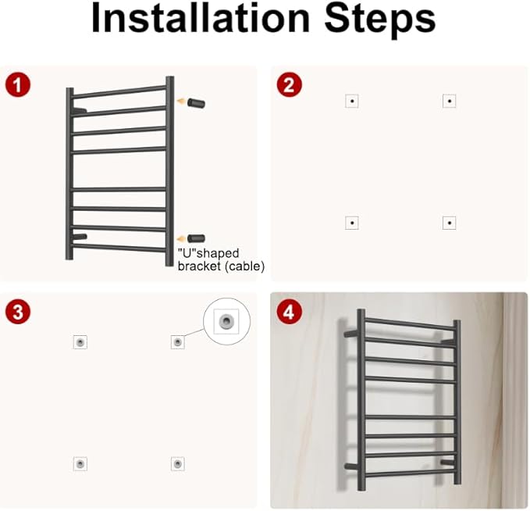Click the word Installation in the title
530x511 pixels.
click(201, 18)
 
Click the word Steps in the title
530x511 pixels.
click(380, 20)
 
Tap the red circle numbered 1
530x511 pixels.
click(18, 84)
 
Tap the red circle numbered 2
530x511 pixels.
click(289, 84)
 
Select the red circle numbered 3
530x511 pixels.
click(18, 311)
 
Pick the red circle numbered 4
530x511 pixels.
click(289, 311)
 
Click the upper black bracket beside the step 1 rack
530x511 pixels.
click(197, 103)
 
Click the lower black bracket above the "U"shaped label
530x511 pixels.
click(197, 238)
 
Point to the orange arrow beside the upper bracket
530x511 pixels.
click(182, 101)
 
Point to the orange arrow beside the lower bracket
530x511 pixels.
click(182, 239)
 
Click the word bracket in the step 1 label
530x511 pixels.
click(199, 266)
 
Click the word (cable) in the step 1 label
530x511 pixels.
click(244, 266)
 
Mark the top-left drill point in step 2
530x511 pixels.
click(352, 101)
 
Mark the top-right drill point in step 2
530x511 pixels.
click(450, 101)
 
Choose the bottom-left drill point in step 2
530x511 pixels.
click(352, 223)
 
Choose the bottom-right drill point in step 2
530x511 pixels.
click(450, 223)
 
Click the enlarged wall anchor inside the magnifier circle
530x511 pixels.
click(226, 320)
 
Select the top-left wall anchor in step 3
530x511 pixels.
click(80, 342)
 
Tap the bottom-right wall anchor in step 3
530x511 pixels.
click(177, 463)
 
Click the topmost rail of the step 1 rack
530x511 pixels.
click(119, 92)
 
